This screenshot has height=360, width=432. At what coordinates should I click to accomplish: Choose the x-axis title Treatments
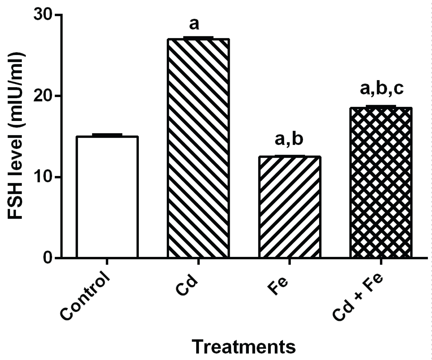(x=244, y=347)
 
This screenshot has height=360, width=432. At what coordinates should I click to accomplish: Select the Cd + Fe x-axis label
(x=359, y=297)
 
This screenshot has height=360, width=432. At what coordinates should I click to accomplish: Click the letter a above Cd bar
(x=194, y=25)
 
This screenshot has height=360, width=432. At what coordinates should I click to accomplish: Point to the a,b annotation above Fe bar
(x=289, y=139)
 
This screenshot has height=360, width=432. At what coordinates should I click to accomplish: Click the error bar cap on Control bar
(x=107, y=134)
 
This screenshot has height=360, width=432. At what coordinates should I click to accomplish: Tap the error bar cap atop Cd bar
(x=198, y=37)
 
